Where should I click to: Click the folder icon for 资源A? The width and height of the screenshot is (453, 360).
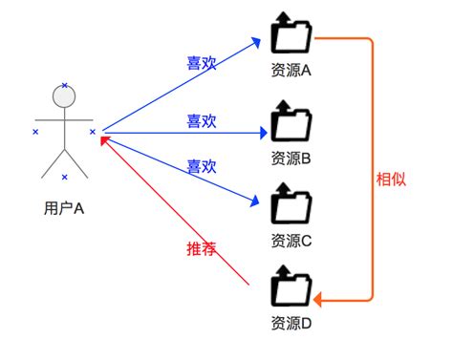pos(291,36)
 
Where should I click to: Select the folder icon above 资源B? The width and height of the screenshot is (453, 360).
pos(291,123)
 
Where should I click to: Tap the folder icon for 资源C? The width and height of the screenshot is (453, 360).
pos(291,203)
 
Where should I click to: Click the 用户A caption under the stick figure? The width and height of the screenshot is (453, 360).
pos(65,206)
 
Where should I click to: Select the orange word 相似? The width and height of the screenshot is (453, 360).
pos(391,179)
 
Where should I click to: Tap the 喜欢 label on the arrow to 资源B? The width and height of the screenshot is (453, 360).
pos(201,121)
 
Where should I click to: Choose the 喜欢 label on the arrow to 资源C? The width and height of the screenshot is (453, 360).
pos(201,165)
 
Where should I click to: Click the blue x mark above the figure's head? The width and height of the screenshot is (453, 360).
pos(65,86)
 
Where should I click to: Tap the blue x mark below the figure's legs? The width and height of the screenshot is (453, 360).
pos(65,178)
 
